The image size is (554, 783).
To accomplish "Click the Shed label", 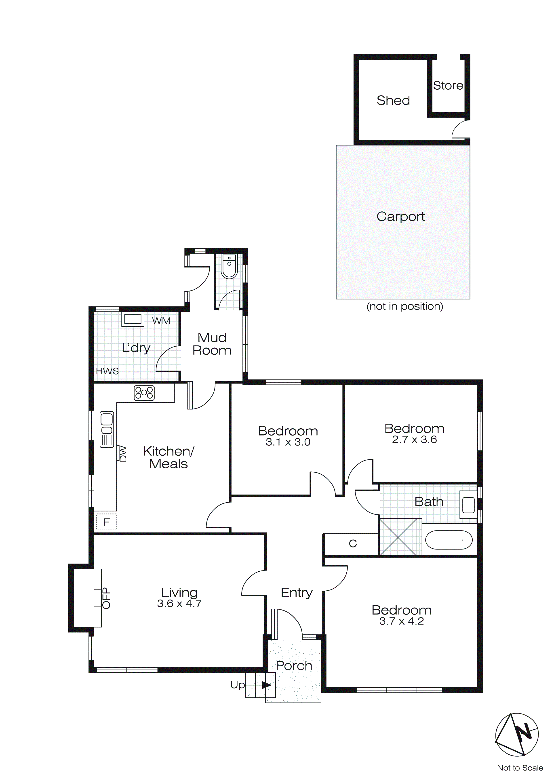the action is click(393, 101).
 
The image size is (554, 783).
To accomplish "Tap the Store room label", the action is click(448, 85).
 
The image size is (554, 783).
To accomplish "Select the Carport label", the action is click(400, 217).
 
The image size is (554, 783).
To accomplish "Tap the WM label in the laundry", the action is click(161, 321).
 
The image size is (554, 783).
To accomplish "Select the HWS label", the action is click(107, 371).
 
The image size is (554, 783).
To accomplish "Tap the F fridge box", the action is click(106, 522).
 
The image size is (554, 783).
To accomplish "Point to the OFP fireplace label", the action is click(106, 598).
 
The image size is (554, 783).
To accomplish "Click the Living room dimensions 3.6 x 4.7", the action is click(179, 604).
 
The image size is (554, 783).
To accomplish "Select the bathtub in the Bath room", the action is click(449, 540).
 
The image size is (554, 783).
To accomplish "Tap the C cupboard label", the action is click(353, 544).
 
